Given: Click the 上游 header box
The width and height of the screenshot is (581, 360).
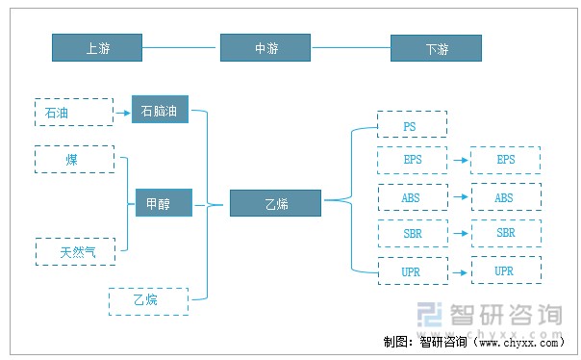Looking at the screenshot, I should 97,47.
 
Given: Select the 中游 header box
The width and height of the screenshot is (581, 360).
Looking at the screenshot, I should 265,47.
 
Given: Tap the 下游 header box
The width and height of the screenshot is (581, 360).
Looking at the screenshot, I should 436,47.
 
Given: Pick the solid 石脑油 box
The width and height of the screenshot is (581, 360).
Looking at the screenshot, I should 160,111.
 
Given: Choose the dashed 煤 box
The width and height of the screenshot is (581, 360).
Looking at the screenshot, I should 73,159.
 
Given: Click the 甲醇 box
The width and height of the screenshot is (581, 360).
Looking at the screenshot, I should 163,203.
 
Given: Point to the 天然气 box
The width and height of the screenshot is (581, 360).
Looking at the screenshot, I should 75,251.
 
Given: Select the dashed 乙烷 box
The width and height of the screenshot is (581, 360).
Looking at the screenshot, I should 148,301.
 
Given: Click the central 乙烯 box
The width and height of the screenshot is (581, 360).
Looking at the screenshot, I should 276,203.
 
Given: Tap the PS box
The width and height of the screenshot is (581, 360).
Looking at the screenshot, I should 412,124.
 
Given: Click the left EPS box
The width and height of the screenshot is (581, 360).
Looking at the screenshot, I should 412,160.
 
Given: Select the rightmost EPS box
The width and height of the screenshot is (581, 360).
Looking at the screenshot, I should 505,160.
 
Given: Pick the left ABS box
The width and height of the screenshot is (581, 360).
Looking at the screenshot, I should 412,197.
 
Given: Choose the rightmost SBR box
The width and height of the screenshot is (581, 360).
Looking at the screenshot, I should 505,234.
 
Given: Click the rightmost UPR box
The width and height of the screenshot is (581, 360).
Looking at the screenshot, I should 505,270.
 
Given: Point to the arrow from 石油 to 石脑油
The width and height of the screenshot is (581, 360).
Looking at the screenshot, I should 120,113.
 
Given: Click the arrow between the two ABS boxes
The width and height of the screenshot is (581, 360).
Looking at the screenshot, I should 459,197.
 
